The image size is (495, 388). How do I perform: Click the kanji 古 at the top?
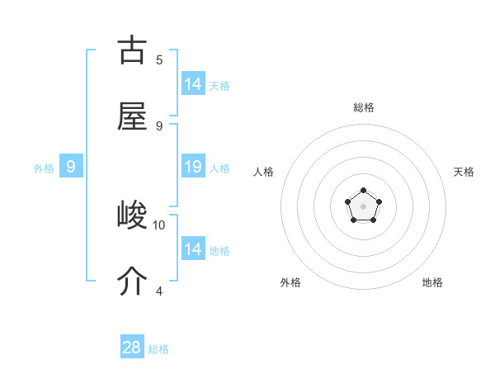(132, 50)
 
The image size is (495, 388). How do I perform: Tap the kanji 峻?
(132, 216)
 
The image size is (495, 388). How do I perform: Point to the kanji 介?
(132, 282)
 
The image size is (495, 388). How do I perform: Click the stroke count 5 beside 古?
(159, 59)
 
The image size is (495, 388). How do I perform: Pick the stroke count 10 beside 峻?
(159, 225)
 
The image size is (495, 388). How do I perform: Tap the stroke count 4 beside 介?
(159, 291)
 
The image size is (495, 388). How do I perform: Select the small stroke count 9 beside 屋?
(159, 125)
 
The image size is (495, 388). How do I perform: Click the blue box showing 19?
(192, 167)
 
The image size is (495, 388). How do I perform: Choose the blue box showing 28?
(132, 348)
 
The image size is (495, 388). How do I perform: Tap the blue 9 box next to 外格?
(71, 167)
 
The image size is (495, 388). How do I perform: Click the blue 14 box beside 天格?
(192, 84)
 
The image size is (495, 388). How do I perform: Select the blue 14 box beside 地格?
(192, 248)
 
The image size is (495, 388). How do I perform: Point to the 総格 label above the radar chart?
(364, 107)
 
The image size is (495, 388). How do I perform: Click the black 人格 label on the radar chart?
(264, 172)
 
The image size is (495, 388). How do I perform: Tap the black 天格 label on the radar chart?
(464, 172)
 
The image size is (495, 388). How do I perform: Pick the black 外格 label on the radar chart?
(290, 282)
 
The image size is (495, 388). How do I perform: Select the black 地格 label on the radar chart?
(432, 282)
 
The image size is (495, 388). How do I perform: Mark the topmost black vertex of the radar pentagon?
(363, 192)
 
